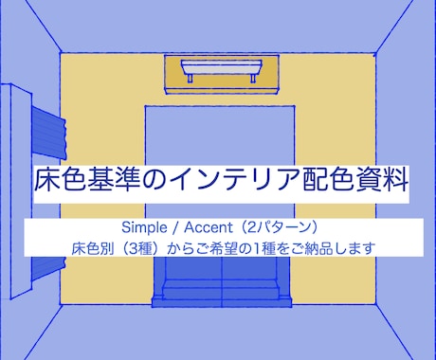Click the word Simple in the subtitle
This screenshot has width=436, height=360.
point(142,229)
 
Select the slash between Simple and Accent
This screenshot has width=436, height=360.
point(169,229)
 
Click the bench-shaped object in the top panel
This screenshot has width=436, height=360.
point(223,71)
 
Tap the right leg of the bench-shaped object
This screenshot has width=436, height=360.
point(257,81)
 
